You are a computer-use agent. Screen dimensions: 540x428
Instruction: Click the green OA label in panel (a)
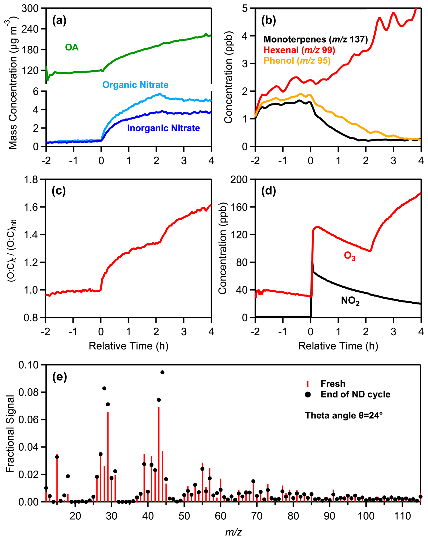click(72, 47)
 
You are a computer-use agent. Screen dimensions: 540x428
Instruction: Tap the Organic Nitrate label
click(135, 85)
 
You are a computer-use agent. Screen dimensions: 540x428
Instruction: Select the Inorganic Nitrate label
click(163, 128)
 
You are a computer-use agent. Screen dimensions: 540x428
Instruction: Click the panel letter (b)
click(269, 20)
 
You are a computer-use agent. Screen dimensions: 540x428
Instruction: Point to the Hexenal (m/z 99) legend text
click(299, 50)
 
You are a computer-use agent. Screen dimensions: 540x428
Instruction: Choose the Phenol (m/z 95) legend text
click(297, 61)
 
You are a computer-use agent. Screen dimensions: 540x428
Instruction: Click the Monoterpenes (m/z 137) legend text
click(316, 39)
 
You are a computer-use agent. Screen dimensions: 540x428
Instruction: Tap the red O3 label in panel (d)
click(350, 256)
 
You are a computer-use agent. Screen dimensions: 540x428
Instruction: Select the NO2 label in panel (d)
click(350, 301)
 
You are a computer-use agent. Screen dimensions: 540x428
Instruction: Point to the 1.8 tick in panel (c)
click(31, 180)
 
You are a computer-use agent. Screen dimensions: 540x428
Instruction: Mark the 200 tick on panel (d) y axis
click(239, 180)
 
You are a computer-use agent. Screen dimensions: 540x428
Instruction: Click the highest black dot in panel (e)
click(162, 372)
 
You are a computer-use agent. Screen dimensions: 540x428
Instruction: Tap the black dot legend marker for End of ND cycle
click(308, 395)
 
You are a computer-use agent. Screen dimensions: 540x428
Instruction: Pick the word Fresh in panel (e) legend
click(333, 384)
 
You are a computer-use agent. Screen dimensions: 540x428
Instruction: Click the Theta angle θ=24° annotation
click(344, 415)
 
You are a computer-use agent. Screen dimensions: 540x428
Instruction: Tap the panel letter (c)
click(59, 191)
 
